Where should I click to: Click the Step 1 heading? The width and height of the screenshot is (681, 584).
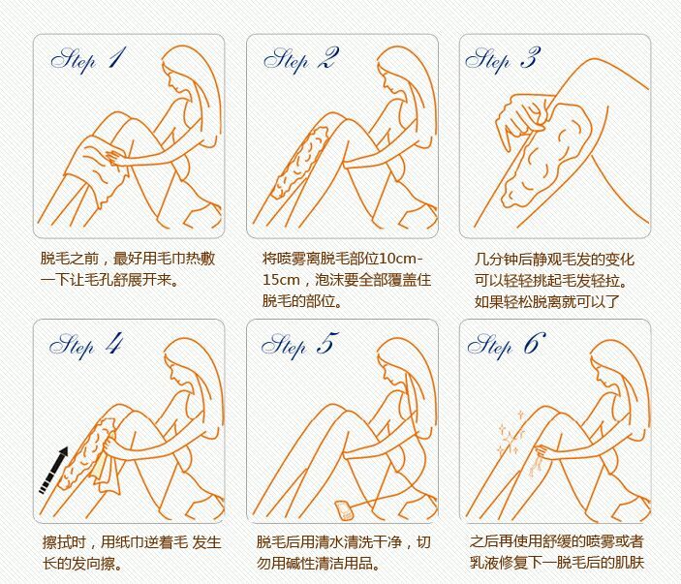click(x=88, y=59)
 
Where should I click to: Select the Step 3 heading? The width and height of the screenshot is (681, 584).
click(x=503, y=59)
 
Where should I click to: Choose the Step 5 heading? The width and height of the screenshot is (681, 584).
click(x=299, y=345)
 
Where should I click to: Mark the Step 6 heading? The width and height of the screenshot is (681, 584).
click(x=507, y=345)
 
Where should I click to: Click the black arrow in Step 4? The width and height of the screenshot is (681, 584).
click(x=54, y=471)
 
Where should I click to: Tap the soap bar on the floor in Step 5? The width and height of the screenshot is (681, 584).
click(x=345, y=509)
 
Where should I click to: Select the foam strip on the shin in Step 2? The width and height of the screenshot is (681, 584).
click(x=300, y=162)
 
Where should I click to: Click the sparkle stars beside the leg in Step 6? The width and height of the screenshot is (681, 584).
click(x=511, y=434)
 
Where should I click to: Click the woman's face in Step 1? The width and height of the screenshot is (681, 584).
click(x=176, y=81)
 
